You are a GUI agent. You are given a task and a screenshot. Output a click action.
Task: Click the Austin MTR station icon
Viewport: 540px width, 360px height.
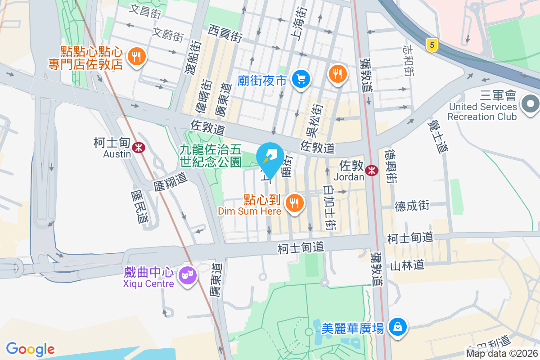click(x=139, y=147)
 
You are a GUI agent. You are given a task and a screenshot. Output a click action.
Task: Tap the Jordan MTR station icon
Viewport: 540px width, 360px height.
click(x=372, y=170)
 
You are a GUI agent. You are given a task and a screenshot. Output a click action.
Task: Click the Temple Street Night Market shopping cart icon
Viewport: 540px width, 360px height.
click(x=301, y=80)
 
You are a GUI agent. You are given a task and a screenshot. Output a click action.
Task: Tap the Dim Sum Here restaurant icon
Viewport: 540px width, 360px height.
click(x=295, y=203)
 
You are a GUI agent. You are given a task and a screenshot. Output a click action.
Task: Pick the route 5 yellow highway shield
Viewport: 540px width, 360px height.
click(x=432, y=45)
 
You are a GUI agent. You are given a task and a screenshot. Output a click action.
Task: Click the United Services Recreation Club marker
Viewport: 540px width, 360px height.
click(x=531, y=104)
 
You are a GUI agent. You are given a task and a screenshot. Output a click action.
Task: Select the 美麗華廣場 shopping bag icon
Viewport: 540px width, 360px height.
click(x=398, y=326)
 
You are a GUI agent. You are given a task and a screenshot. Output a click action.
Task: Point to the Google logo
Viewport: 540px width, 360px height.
click(x=30, y=349)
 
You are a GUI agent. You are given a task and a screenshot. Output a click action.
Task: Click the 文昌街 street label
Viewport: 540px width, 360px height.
click(x=145, y=11)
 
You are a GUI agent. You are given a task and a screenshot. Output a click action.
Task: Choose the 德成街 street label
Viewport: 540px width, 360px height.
click(x=412, y=206)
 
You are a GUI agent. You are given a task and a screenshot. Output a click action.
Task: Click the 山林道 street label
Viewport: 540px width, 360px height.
click(x=407, y=265)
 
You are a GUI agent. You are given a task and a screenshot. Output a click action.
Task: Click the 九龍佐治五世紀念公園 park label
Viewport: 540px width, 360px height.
click(x=211, y=155)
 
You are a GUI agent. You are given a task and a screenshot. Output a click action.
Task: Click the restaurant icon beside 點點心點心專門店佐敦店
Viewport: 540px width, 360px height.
click(x=135, y=57)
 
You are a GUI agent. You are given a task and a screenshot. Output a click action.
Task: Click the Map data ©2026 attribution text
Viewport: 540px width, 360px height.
click(x=502, y=354)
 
